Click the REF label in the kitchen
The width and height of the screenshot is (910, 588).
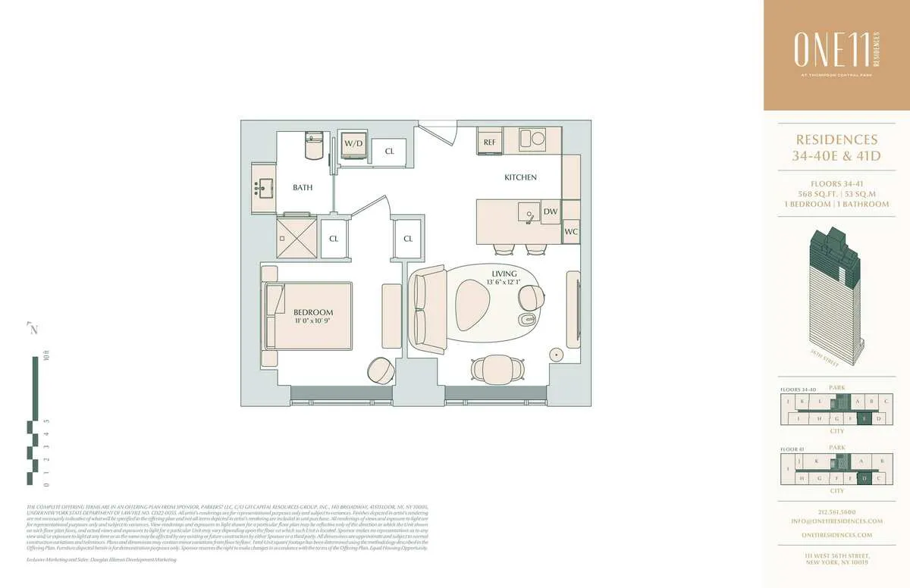(x=489, y=142)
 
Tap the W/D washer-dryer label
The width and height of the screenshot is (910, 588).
(x=353, y=143)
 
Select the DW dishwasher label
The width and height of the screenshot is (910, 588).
(x=550, y=213)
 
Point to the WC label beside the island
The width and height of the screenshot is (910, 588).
(x=571, y=232)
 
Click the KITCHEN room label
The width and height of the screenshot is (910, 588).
(x=520, y=177)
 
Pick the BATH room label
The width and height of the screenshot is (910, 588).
(x=303, y=187)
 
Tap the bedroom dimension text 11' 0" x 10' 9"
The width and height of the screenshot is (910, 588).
(x=313, y=321)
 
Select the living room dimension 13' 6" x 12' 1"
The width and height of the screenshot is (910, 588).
(x=504, y=283)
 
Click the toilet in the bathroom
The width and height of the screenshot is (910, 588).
(x=315, y=144)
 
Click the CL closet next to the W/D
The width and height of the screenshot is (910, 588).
(x=389, y=151)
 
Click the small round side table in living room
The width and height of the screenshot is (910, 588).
(x=557, y=355)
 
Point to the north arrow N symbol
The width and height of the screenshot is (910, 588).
(x=33, y=329)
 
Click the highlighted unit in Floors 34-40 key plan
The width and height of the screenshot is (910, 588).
(x=862, y=418)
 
